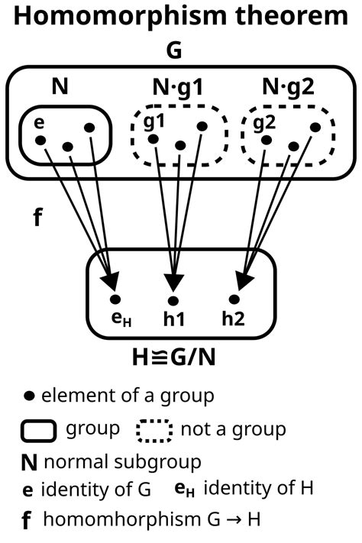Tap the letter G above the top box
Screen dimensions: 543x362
(181, 53)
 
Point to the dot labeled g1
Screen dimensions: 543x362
(153, 139)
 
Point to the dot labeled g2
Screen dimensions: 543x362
(265, 139)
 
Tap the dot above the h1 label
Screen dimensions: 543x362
(173, 299)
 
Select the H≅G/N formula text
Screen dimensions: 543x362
(180, 357)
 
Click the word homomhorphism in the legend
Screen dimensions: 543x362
(117, 520)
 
